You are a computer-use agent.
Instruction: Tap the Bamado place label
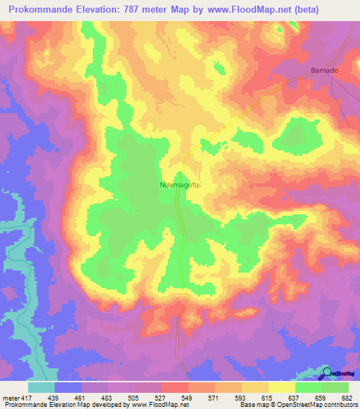pyautogui.click(x=324, y=70)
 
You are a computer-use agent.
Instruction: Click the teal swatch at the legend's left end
pyautogui.click(x=41, y=387)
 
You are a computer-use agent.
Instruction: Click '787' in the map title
pyautogui.click(x=127, y=9)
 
